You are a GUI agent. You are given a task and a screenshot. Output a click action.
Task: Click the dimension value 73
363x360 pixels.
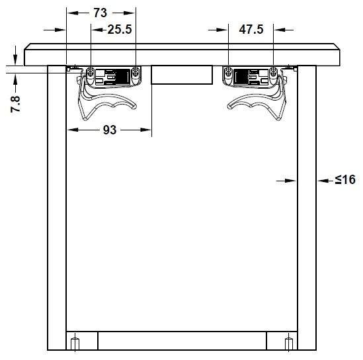coord(101,13)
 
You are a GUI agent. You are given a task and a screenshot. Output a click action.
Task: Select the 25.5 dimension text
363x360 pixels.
coord(120,29)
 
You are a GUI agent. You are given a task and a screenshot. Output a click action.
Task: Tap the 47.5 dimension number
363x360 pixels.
coord(251,29)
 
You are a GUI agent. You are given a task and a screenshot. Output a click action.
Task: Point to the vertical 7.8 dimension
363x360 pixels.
coord(15,104)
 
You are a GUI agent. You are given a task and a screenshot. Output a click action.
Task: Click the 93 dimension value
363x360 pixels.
coord(110,130)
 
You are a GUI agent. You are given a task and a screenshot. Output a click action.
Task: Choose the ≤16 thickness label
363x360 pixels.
coord(345,179)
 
